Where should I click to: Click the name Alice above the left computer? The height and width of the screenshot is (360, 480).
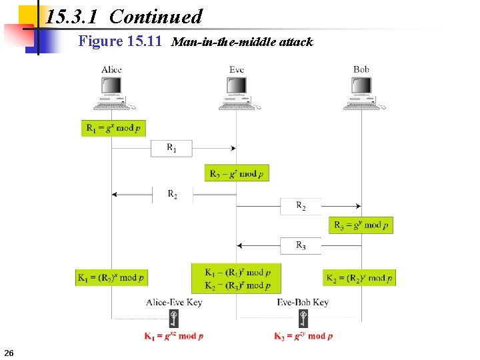pyautogui.click(x=111, y=70)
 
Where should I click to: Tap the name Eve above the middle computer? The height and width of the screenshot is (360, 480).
pyautogui.click(x=237, y=70)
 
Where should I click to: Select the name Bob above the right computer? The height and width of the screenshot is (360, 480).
pyautogui.click(x=361, y=69)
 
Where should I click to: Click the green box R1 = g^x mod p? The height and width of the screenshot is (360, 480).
pyautogui.click(x=113, y=128)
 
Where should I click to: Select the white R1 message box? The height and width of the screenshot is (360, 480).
pyautogui.click(x=171, y=148)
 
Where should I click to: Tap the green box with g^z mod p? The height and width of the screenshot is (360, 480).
pyautogui.click(x=237, y=173)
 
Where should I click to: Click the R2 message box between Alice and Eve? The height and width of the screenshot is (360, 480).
pyautogui.click(x=172, y=195)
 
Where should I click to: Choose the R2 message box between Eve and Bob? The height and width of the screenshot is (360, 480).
pyautogui.click(x=301, y=207)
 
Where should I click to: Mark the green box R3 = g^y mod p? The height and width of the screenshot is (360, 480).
pyautogui.click(x=361, y=225)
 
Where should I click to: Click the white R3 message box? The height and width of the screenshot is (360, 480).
pyautogui.click(x=301, y=245)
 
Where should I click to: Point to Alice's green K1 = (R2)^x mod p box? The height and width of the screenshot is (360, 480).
pyautogui.click(x=111, y=277)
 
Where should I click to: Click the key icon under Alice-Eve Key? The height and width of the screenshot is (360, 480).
pyautogui.click(x=174, y=318)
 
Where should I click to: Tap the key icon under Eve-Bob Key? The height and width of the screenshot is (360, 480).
pyautogui.click(x=303, y=318)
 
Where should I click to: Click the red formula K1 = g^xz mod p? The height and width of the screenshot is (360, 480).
pyautogui.click(x=174, y=336)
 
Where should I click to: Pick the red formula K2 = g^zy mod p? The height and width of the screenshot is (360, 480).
pyautogui.click(x=303, y=336)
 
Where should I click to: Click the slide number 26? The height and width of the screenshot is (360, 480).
pyautogui.click(x=9, y=352)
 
